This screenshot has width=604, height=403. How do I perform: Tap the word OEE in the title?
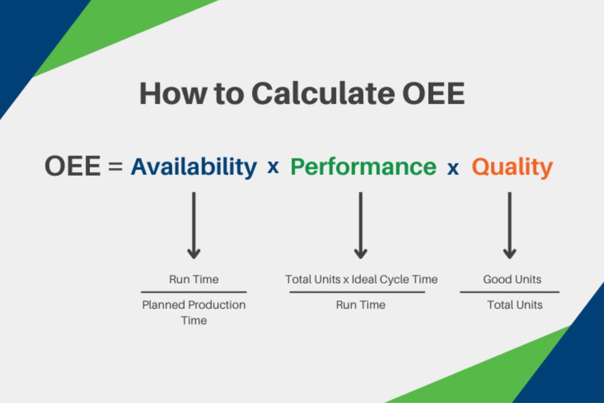pyautogui.click(x=434, y=93)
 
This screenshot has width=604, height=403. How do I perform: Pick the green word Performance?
pyautogui.click(x=363, y=167)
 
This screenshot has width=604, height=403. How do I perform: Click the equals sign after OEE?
pyautogui.click(x=115, y=166)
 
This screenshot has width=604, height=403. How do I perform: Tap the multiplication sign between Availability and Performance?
pyautogui.click(x=273, y=168)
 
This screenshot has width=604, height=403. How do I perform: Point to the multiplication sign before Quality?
pyautogui.click(x=453, y=169)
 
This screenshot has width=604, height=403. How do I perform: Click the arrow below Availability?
pyautogui.click(x=194, y=226)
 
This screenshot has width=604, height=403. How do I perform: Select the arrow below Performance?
pyautogui.click(x=361, y=226)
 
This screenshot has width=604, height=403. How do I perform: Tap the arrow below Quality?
pyautogui.click(x=510, y=226)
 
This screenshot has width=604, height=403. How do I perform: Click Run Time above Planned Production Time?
pyautogui.click(x=194, y=279)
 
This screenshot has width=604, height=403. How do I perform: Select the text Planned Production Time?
pyautogui.click(x=194, y=313)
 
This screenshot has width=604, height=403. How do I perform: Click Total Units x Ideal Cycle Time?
pyautogui.click(x=361, y=279)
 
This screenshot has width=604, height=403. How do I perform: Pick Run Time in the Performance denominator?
pyautogui.click(x=361, y=305)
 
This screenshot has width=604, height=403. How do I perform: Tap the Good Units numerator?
pyautogui.click(x=512, y=279)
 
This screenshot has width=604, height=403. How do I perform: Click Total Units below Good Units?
pyautogui.click(x=515, y=305)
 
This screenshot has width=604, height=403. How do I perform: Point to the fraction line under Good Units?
pyautogui.click(x=510, y=292)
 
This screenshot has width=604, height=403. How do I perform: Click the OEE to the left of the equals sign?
pyautogui.click(x=73, y=166)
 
